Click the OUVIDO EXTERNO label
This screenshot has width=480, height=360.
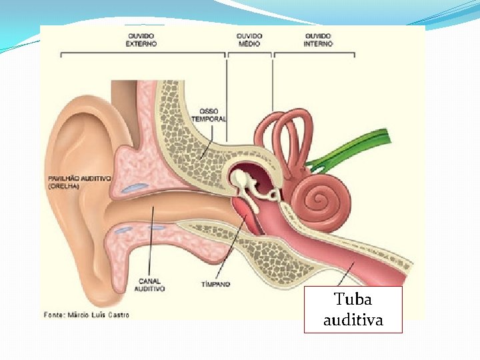point(141,39)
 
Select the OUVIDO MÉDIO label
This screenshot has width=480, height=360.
point(249,39)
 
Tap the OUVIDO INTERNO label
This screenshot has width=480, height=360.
point(319,39)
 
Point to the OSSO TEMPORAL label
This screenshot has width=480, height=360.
point(209,115)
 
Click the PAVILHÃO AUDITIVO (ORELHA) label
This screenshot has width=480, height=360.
point(79,182)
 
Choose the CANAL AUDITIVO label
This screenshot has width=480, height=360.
point(149,285)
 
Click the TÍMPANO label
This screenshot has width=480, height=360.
point(215,284)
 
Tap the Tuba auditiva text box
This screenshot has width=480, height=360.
point(353,309)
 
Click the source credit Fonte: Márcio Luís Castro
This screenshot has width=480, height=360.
point(87,314)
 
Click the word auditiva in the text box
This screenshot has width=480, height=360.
point(353,320)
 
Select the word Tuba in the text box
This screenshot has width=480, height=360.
point(353,299)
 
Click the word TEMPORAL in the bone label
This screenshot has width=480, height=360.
point(209,119)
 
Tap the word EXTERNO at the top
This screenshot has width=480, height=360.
point(141,43)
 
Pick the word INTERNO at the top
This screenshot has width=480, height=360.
point(319,43)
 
